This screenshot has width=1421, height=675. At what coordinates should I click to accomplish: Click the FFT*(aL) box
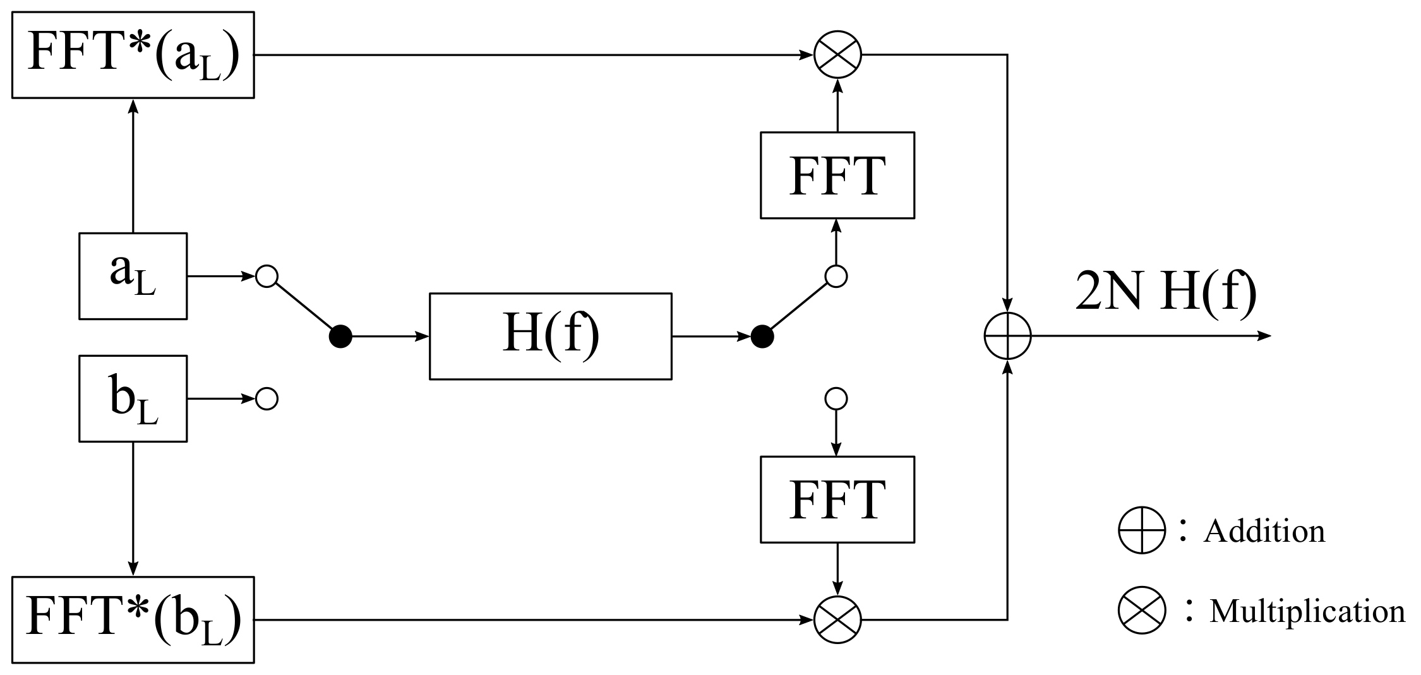133,54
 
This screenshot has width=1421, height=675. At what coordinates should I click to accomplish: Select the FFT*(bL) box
133,619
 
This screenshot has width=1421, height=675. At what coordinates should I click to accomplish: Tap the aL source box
133,276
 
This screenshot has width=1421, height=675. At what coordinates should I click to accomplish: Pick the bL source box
133,398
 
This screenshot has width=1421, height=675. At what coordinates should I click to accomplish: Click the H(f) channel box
550,336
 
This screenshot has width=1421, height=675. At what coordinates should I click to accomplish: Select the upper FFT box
837,175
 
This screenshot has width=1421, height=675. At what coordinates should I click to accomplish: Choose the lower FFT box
837,499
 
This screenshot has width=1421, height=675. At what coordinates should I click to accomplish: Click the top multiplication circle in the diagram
837,55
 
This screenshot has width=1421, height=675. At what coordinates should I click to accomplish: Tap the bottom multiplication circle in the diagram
837,619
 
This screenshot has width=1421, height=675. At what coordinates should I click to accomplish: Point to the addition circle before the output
1007,336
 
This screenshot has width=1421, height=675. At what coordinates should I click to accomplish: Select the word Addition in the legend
1264,531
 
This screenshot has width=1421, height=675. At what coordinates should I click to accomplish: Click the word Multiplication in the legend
1307,611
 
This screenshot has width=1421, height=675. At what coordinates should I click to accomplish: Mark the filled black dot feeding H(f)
340,337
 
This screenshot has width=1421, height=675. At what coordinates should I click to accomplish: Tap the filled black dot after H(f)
762,337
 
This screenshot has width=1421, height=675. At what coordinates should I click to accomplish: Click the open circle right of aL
267,276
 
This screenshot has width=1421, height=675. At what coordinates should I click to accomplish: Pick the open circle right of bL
267,398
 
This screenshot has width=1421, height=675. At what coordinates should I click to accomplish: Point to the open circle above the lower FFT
836,398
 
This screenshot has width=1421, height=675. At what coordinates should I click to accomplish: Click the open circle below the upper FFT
836,276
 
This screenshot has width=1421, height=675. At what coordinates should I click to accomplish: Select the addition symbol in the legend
1141,530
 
